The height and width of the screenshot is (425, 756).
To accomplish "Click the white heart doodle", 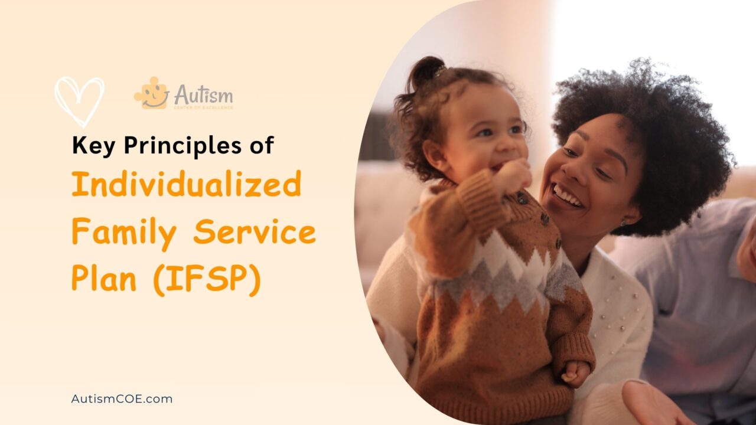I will [79, 100].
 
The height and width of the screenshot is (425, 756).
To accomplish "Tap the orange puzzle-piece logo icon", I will [152, 93].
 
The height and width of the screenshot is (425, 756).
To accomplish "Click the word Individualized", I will [186, 185].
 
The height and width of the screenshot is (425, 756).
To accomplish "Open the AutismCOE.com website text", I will [122, 399].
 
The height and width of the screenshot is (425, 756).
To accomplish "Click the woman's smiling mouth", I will [568, 195].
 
